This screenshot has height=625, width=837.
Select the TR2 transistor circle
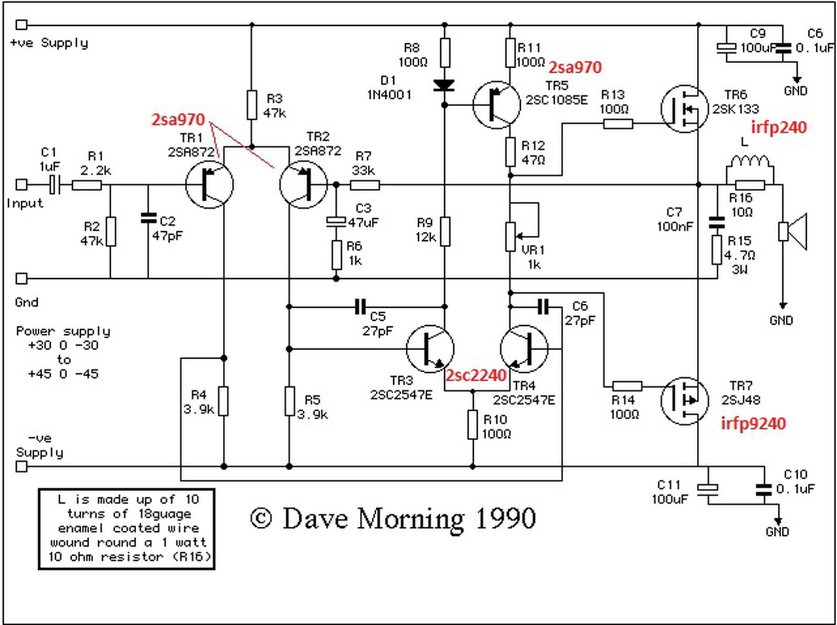point(303,184)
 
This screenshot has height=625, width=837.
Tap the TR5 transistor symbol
point(497,104)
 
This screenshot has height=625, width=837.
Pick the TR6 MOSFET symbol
point(684,109)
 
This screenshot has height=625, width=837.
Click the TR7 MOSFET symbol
point(684,400)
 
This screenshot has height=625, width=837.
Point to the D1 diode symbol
point(445,85)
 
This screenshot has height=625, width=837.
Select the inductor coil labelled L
point(749,163)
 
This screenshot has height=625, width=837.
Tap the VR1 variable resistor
point(511,235)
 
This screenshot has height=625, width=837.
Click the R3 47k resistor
point(252,105)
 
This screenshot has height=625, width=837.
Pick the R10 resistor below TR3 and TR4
point(473,424)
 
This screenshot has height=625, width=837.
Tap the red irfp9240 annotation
point(753,423)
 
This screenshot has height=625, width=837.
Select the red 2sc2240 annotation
point(476,375)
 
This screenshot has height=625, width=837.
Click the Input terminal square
point(22,185)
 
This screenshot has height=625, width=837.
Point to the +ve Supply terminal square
point(22,25)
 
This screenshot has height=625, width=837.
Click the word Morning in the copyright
point(411,519)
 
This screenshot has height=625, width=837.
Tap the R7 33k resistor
point(364,185)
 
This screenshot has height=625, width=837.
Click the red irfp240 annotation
point(778,127)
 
